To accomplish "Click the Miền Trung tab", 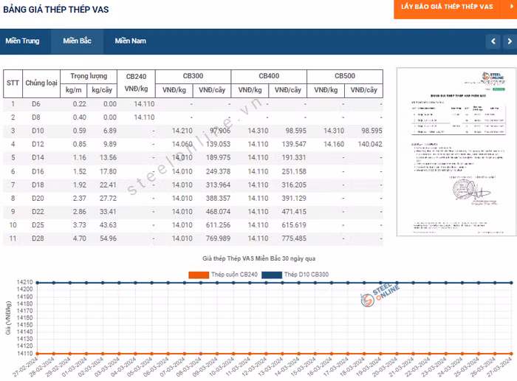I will pos(22,41).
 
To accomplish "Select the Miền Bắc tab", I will pos(77,41).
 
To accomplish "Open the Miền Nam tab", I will pos(130,41).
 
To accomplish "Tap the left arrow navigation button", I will pos(493,41).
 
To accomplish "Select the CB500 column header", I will pos(344,76).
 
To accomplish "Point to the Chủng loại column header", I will pos(41,83).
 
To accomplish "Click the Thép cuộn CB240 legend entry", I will pos(226,275).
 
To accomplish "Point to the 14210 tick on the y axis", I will pos(24,283).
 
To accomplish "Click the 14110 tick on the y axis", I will pos(24,354).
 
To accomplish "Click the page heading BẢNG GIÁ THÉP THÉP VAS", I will pos(55,9).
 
